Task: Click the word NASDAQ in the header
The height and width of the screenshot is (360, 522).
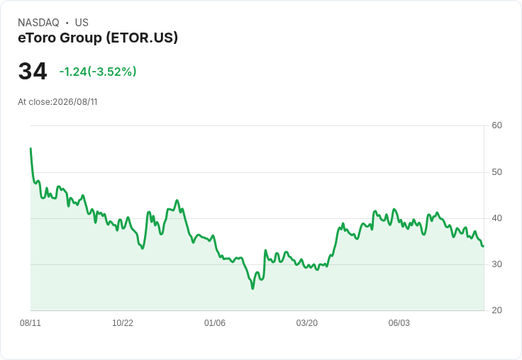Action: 38,23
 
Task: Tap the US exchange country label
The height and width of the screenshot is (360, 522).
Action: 82,23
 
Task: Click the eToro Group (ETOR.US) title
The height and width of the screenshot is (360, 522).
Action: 98,38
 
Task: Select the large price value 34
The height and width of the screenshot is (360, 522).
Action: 33,72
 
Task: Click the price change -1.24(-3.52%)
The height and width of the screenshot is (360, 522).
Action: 98,72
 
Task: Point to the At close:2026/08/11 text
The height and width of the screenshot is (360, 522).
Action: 57,102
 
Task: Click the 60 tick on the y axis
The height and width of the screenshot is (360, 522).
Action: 496,125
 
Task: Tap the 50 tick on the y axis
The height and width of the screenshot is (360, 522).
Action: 496,172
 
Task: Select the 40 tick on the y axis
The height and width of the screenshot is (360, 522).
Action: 496,218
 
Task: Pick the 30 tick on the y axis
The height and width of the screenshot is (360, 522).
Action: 496,264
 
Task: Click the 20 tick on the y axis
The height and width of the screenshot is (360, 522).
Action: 496,310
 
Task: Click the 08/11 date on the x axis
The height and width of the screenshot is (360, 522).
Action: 30,323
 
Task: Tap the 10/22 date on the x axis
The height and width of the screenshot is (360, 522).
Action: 123,323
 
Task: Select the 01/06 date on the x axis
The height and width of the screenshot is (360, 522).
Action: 215,323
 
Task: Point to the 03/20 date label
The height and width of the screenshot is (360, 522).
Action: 306,323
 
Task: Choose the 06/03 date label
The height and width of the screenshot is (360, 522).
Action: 399,323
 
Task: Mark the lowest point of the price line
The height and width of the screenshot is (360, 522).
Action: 252,288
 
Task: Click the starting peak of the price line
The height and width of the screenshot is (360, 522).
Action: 30,148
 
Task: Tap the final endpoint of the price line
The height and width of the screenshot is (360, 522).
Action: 484,246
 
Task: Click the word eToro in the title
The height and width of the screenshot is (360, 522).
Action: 37,38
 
